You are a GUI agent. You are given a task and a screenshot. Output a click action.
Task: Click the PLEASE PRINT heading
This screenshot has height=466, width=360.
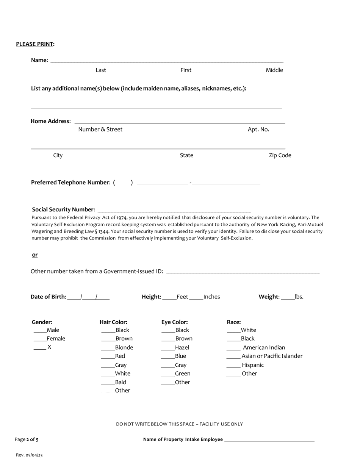coord(35,44)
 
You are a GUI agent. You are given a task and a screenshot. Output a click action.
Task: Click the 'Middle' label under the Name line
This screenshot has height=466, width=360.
coord(274,70)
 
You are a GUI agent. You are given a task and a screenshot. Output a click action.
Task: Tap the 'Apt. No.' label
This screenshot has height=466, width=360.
coord(258,130)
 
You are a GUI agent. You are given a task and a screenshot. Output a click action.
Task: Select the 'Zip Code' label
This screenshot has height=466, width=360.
coord(280,155)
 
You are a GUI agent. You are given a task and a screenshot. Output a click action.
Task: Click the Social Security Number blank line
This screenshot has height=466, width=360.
coord(174,210)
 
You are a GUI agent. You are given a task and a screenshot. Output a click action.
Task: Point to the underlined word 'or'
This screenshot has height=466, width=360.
coord(35,255)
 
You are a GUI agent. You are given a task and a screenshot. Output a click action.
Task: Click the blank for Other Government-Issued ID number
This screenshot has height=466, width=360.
coord(243,271)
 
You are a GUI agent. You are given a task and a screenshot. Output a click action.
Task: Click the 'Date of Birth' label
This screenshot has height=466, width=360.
coord(48,297)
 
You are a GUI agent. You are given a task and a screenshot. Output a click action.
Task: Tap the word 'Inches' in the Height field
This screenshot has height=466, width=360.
coord(211,297)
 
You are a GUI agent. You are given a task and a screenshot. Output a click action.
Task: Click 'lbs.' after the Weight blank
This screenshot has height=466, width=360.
coord(299,297)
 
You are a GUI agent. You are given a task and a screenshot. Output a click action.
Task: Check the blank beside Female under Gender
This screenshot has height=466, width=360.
coord(40,339)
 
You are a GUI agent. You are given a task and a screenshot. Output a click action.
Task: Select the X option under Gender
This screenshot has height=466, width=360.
coord(40,347)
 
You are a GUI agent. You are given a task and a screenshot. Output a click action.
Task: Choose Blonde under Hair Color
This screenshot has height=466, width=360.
coord(108,348)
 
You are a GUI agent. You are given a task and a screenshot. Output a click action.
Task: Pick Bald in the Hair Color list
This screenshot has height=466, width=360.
coord(108,382)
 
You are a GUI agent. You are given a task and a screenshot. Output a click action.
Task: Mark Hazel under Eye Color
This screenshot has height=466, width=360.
coord(168,348)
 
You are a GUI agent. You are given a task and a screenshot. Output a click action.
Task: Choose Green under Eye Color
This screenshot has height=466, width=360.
coord(168,374)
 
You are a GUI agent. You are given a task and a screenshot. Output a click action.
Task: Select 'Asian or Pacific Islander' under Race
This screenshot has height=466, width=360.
coord(233,356)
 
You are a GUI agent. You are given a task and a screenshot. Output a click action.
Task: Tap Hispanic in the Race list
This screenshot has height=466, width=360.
coord(233,365)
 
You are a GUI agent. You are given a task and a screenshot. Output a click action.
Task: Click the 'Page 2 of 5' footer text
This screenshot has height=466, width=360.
coord(27,439)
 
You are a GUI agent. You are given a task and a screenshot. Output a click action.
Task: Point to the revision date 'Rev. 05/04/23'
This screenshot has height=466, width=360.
coord(29,455)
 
